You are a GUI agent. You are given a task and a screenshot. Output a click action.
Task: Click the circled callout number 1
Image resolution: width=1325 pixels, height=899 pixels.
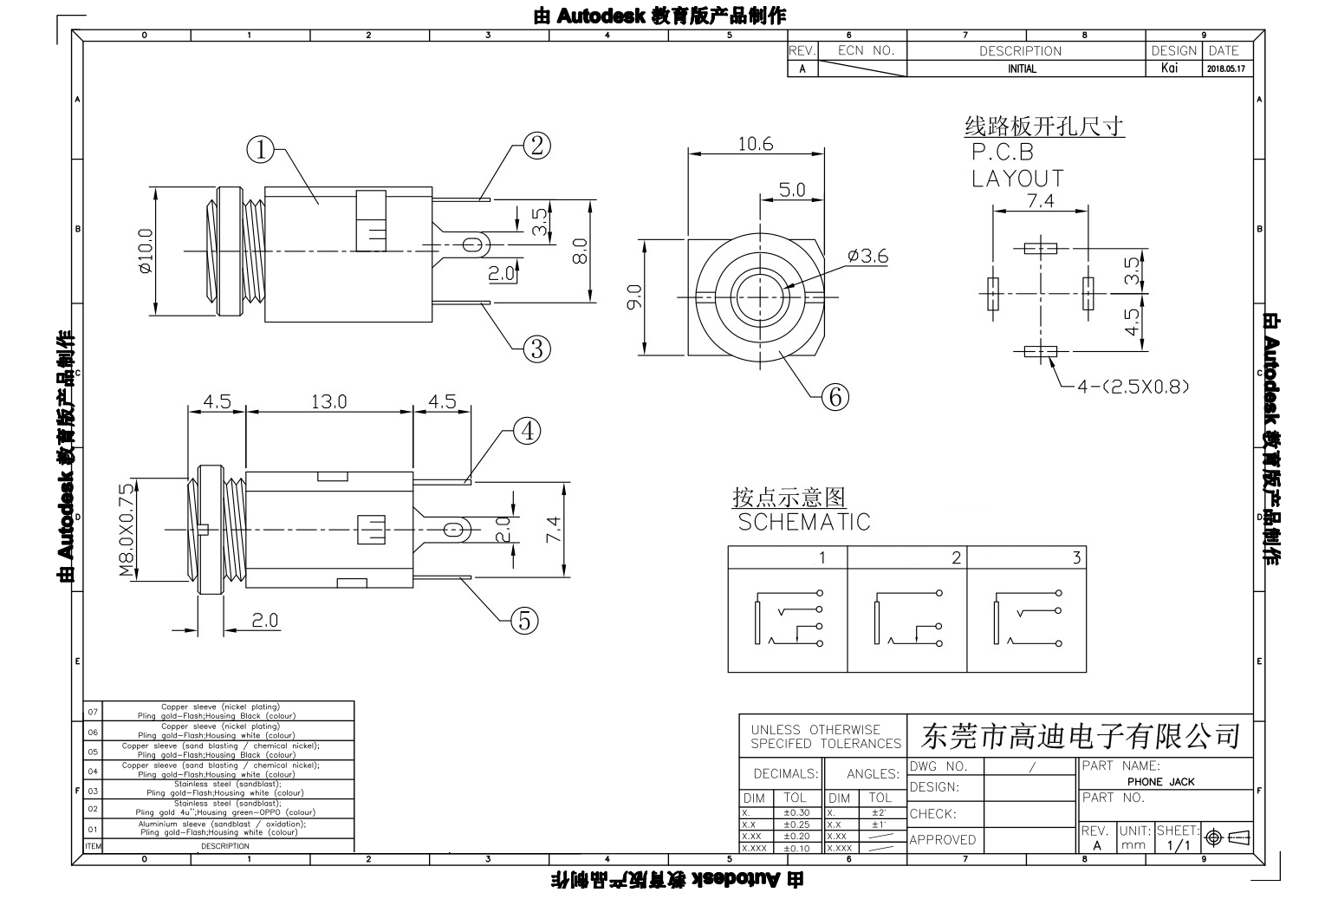pos(260,150)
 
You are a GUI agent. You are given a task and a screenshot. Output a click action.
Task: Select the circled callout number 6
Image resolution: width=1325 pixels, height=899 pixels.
pos(835,396)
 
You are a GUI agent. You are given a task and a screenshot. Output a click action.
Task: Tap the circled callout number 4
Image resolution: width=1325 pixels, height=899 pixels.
pos(527,431)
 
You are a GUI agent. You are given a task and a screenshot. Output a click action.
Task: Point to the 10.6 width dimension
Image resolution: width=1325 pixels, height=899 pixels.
pos(755,144)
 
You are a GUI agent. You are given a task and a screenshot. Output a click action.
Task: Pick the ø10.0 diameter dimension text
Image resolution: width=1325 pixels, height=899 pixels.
pos(145,251)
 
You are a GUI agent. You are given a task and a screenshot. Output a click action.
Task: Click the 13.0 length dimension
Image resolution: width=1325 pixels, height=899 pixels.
pos(329,401)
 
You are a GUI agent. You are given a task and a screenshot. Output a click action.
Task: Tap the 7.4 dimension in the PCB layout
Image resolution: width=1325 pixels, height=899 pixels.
pos(1040,200)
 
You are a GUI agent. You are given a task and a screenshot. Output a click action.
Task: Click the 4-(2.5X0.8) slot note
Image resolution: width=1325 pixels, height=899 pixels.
pos(1133,387)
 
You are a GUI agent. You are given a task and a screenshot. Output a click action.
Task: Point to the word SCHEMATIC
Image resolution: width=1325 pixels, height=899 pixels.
pos(804,522)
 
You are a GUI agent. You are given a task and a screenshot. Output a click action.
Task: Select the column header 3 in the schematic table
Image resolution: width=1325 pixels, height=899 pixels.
pos(1075,557)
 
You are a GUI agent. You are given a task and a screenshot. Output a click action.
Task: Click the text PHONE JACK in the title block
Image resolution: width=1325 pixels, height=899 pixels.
pos(1161,781)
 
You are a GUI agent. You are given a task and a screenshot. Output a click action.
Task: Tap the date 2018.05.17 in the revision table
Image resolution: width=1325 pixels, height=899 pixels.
pos(1225,69)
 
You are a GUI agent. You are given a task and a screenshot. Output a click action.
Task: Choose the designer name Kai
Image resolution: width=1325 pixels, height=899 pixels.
pos(1169,68)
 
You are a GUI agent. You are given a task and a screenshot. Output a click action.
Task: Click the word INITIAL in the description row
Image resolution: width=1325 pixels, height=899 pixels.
pos(1022,69)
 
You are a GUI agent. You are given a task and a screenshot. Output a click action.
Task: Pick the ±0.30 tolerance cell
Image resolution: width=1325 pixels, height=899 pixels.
pos(796,813)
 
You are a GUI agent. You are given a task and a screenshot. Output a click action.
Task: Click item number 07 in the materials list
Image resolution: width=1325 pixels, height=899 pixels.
pos(94,712)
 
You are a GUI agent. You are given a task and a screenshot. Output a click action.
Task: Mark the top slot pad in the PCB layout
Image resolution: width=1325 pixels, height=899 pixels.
pos(1040,249)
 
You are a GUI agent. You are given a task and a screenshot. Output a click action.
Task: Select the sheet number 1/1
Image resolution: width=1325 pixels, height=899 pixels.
pos(1179,845)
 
